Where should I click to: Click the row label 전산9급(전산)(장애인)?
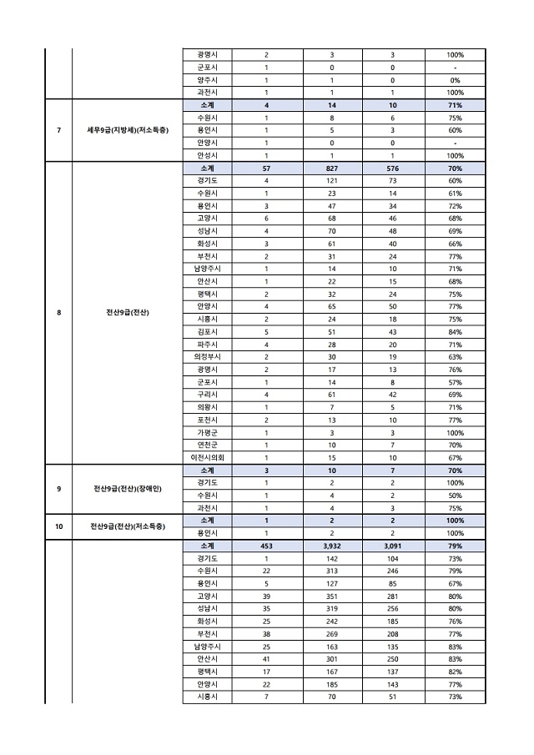tap(128, 488)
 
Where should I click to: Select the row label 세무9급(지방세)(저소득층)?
tap(128, 130)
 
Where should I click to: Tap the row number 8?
tap(59, 313)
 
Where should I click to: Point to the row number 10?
tap(59, 526)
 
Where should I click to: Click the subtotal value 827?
tap(331, 169)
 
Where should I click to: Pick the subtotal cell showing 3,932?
tap(331, 546)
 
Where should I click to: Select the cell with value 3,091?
tap(392, 546)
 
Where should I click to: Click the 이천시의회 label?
tap(207, 457)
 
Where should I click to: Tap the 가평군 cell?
tap(207, 432)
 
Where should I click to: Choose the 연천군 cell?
tap(207, 445)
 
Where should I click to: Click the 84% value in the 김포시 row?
tap(455, 331)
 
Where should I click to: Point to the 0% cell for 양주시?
tap(455, 80)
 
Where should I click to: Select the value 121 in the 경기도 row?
tap(331, 181)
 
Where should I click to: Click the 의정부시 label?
tap(207, 356)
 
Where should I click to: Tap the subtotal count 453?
tap(266, 546)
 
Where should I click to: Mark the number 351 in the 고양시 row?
tap(331, 596)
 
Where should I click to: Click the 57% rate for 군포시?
tap(455, 381)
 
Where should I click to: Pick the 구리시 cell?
tap(207, 394)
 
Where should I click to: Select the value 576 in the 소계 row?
tap(392, 169)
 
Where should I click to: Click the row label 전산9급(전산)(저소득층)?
tap(128, 526)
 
